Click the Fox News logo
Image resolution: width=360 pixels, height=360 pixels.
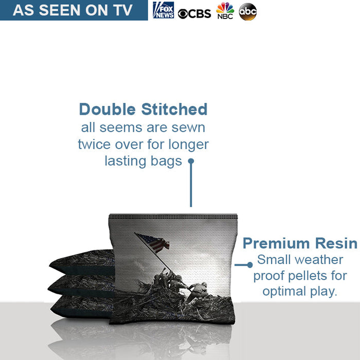pyautogui.click(x=164, y=10)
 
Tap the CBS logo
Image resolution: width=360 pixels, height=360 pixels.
pyautogui.click(x=194, y=14)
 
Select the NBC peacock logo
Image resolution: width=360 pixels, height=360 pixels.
pyautogui.click(x=225, y=11)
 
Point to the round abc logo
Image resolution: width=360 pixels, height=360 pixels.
pyautogui.click(x=248, y=12)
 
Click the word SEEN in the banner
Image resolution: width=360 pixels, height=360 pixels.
pyautogui.click(x=60, y=10)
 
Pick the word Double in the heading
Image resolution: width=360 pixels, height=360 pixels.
pyautogui.click(x=107, y=109)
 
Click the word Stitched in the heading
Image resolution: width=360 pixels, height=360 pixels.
pyautogui.click(x=174, y=109)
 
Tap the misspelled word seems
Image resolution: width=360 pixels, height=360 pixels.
pyautogui.click(x=121, y=128)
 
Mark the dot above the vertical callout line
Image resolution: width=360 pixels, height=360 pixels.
pyautogui.click(x=191, y=161)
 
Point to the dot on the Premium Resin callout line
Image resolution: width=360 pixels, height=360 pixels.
pyautogui.click(x=250, y=265)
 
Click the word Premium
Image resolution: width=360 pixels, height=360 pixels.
pyautogui.click(x=277, y=243)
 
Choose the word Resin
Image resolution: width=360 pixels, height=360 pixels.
pyautogui.click(x=336, y=243)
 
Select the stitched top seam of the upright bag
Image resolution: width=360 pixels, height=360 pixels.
pyautogui.click(x=173, y=217)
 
